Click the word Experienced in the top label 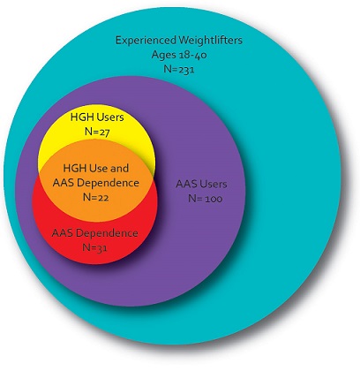(145, 41)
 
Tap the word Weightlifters (209, 40)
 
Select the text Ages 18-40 (179, 55)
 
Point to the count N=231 (179, 69)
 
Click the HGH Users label (97, 117)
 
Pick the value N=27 (97, 132)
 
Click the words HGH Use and (96, 169)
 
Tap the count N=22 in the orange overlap (96, 197)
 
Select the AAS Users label (201, 184)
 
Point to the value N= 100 (206, 199)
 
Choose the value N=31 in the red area (94, 247)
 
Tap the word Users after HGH (110, 117)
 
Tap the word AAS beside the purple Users (185, 184)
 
